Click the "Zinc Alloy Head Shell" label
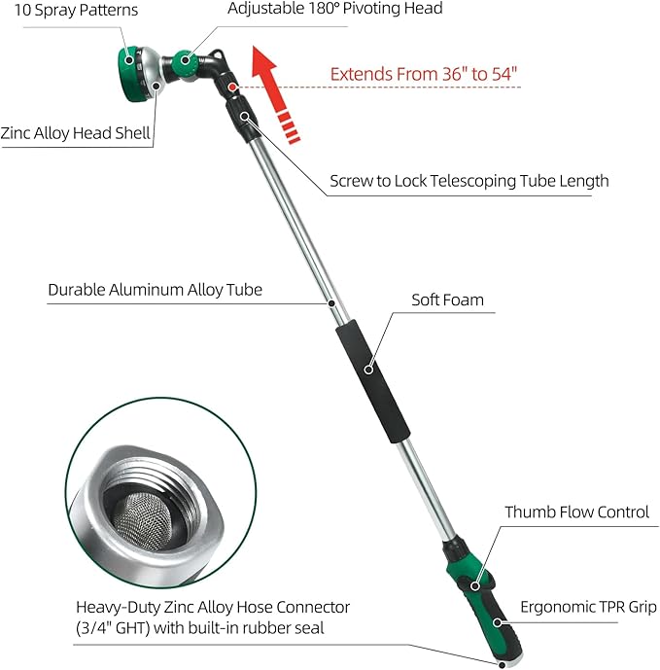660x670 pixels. [x=76, y=134]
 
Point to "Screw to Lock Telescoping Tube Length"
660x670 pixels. [x=469, y=181]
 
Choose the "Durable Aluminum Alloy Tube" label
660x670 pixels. [x=155, y=289]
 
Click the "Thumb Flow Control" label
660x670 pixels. [x=576, y=511]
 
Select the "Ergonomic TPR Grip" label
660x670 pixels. [x=581, y=607]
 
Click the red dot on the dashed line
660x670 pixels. [x=234, y=87]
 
